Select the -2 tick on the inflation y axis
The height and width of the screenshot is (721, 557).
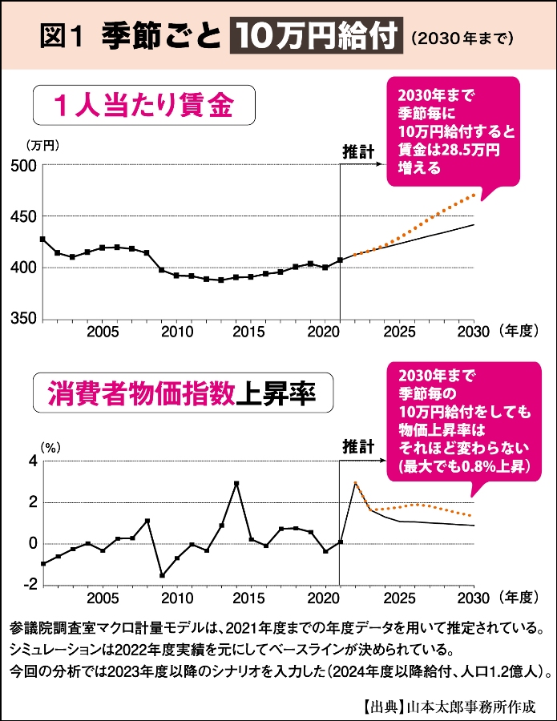point(29,586)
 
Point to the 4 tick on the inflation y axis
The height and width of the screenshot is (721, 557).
point(33,461)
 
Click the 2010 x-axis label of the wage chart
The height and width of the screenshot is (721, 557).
point(177,332)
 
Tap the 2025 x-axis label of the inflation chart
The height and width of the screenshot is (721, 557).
point(398,598)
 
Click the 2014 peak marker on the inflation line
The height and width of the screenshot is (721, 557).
point(236,484)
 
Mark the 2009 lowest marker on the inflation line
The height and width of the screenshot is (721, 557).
point(162,575)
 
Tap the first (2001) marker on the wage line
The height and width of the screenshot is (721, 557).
point(42,240)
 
